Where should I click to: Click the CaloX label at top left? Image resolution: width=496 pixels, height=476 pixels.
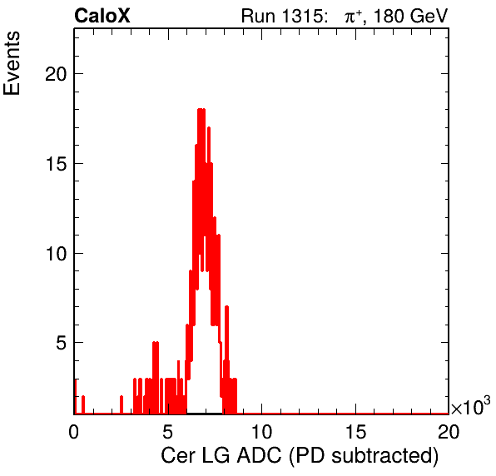[x=102, y=16]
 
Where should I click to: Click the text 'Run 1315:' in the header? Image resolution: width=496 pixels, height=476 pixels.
[x=283, y=16]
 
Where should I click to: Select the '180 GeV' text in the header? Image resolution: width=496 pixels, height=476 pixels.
[x=411, y=16]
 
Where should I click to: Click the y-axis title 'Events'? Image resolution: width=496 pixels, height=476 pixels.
[x=12, y=63]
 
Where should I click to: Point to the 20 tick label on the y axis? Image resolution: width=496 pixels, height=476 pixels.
[x=56, y=74]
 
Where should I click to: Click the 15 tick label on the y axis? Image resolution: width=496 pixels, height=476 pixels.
[x=56, y=164]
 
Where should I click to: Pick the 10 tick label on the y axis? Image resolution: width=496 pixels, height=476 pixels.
[x=56, y=254]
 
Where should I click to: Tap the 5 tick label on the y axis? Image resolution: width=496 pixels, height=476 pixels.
[x=62, y=343]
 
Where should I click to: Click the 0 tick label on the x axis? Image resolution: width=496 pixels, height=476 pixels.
[x=74, y=432]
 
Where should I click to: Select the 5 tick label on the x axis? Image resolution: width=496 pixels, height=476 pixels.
[x=167, y=432]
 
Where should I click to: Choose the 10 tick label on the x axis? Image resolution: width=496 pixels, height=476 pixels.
[x=261, y=432]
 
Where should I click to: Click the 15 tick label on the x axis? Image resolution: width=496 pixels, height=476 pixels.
[x=355, y=432]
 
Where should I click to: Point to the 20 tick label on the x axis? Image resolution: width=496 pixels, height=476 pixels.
[x=449, y=432]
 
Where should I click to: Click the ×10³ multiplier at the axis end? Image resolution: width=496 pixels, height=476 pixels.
[x=471, y=406]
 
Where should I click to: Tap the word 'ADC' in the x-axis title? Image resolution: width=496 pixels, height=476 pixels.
[x=260, y=456]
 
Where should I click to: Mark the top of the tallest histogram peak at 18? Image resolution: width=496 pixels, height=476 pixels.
[x=201, y=110]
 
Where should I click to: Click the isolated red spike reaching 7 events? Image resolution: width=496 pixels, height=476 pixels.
[x=226, y=306]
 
